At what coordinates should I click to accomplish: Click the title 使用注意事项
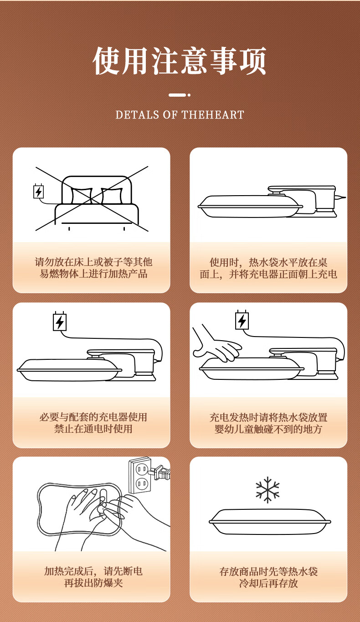click(x=180, y=61)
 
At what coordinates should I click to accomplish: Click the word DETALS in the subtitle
click(x=137, y=115)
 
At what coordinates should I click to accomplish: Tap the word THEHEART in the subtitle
click(x=213, y=115)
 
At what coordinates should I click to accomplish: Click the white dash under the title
click(x=177, y=95)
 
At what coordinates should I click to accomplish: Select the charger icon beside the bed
click(x=39, y=192)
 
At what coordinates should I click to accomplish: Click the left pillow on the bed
click(x=82, y=196)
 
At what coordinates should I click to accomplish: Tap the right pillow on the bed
click(x=112, y=196)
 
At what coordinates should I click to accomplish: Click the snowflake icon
click(x=267, y=490)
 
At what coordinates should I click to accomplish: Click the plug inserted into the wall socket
click(x=159, y=472)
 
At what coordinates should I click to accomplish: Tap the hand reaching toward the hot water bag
click(x=216, y=344)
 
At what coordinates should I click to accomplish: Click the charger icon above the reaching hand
click(x=242, y=321)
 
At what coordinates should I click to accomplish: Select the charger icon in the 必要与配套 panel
click(x=60, y=322)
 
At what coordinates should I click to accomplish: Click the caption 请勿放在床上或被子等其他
click(x=93, y=262)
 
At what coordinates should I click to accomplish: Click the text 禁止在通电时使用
click(x=93, y=429)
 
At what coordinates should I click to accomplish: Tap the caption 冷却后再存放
click(x=268, y=583)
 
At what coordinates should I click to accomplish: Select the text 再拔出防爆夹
click(x=93, y=583)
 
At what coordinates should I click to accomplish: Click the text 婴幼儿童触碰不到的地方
click(x=268, y=429)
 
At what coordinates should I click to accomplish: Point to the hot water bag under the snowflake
click(x=270, y=522)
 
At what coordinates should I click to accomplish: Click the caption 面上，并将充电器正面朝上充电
click(x=268, y=275)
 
